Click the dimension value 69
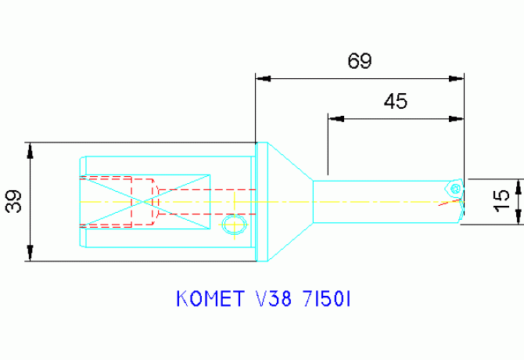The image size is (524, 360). (360, 61)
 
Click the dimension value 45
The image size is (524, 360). (396, 102)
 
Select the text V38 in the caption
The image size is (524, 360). (271, 301)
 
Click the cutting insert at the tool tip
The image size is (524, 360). (454, 188)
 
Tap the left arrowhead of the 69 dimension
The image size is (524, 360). (264, 78)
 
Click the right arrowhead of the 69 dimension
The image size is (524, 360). (453, 78)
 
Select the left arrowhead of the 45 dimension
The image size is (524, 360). (336, 119)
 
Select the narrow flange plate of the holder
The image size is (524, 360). (263, 201)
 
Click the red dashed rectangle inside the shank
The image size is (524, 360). (117, 202)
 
